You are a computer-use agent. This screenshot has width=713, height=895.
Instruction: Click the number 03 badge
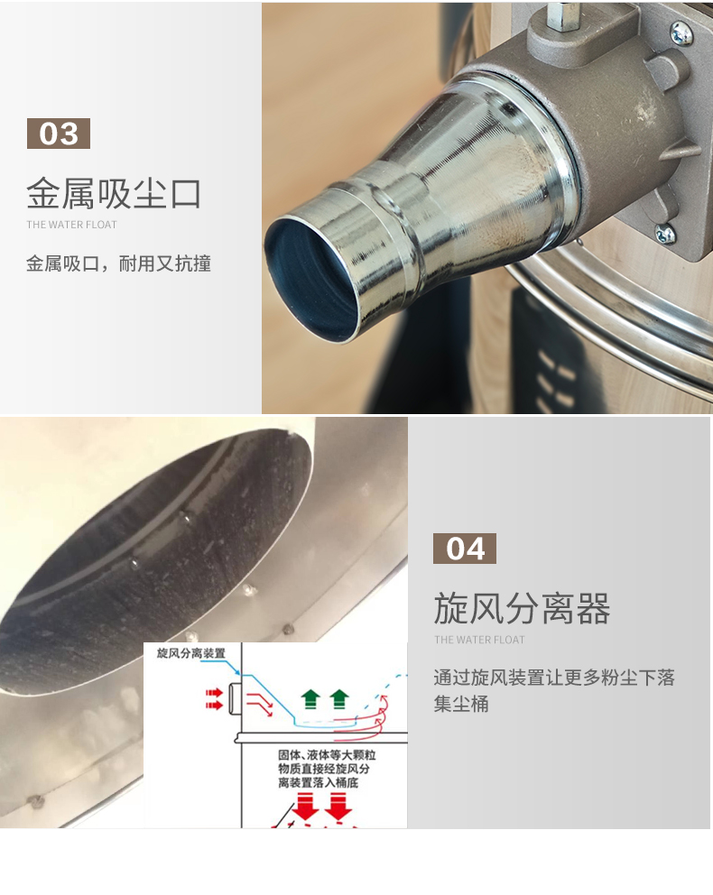tap(59, 134)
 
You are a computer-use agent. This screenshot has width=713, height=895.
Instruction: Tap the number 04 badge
tap(465, 549)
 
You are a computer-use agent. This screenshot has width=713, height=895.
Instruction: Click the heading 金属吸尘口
tap(113, 193)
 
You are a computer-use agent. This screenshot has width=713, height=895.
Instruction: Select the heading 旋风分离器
tap(522, 609)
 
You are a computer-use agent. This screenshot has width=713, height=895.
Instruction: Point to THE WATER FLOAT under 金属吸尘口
tap(71, 225)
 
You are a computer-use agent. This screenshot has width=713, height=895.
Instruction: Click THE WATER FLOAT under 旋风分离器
tap(479, 640)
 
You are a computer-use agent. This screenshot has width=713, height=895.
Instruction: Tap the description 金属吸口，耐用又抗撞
tap(118, 264)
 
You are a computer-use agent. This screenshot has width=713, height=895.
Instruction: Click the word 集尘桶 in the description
tap(461, 704)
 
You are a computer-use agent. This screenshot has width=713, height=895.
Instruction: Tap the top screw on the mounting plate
tap(681, 34)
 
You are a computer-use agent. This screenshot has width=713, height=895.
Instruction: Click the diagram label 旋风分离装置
tap(190, 652)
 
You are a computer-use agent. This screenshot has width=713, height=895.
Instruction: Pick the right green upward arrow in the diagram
tap(339, 697)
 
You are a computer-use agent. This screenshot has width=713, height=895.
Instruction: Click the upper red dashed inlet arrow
tap(215, 693)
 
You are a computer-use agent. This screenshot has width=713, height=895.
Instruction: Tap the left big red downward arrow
tap(307, 806)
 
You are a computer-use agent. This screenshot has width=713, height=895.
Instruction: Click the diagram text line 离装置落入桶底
tap(321, 783)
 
